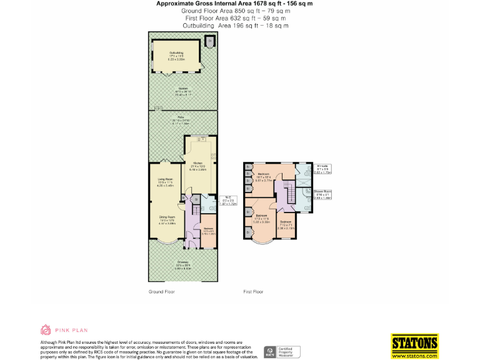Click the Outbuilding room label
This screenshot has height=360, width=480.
176,55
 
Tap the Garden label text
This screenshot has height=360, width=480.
182,89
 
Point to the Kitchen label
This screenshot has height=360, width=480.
198,166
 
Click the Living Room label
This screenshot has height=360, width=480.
166,182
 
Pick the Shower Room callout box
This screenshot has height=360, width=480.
322,196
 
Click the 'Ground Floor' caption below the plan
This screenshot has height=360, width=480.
161,292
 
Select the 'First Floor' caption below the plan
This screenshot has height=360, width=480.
253,292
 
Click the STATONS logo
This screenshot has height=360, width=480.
414,345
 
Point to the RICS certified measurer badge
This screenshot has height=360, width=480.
282,352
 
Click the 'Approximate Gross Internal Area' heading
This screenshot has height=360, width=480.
234,4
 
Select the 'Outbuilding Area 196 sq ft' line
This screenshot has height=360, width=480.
235,26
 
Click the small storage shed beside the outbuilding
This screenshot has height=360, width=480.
210,42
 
